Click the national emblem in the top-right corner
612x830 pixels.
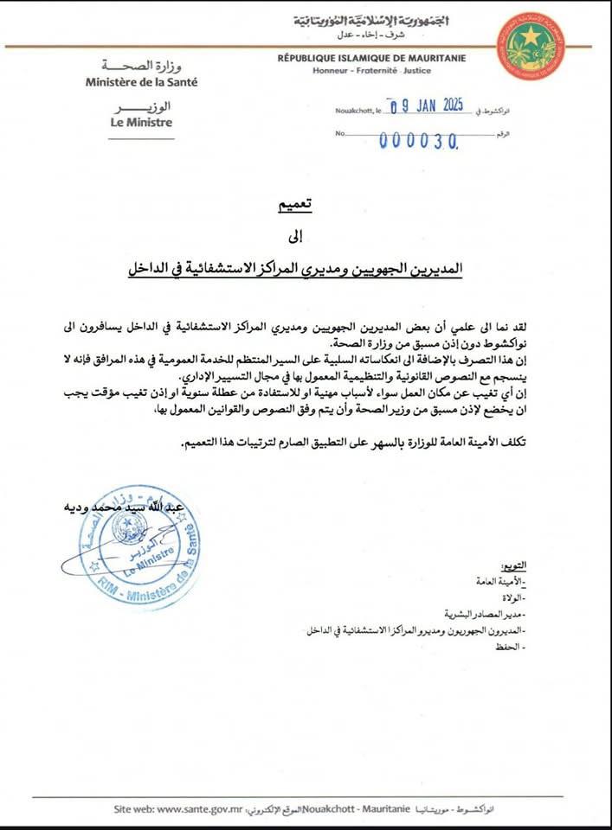click(x=531, y=46)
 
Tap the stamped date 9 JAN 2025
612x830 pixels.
click(x=428, y=108)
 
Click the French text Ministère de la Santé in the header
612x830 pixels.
click(x=141, y=82)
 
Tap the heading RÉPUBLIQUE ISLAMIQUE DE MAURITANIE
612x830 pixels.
click(x=372, y=58)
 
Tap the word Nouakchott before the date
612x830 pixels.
click(x=359, y=112)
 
